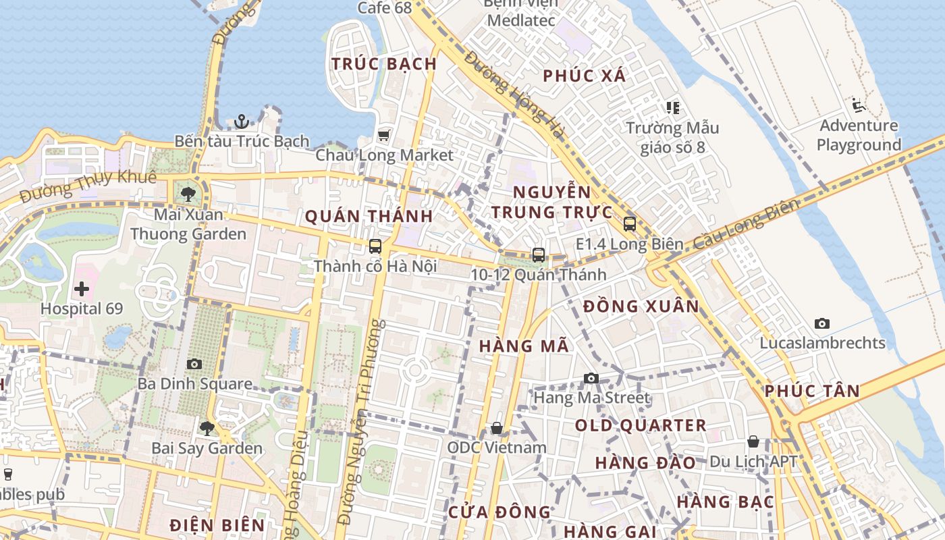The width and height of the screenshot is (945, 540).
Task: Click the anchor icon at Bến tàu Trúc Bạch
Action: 242,122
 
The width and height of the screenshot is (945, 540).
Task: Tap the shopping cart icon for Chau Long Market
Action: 384,136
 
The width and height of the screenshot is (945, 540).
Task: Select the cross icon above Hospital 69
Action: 82,290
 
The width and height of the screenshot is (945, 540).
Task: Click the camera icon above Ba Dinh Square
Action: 194,364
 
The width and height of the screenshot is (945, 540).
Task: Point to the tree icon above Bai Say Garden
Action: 207,428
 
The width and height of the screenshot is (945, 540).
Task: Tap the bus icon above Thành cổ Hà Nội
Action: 375,246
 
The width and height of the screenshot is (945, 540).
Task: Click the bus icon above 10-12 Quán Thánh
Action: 538,254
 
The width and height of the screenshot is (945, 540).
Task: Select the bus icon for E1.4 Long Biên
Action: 630,224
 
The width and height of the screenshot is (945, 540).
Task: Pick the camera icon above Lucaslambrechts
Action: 821,323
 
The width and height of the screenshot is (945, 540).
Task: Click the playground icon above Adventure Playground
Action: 859,105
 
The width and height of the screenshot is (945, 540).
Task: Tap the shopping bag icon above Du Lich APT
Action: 753,442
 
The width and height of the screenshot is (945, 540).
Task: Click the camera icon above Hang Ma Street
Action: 591,378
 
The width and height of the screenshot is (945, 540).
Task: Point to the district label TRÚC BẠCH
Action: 384,64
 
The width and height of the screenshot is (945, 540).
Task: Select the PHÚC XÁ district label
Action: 585,76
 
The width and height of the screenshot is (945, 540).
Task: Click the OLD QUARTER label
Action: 641,426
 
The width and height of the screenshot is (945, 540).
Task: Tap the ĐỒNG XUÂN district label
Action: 641,306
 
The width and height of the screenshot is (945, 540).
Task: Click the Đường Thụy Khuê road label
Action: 88,187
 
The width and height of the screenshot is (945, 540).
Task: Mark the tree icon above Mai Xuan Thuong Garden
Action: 188,194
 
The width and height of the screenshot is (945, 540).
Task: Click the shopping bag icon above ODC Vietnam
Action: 497,428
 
